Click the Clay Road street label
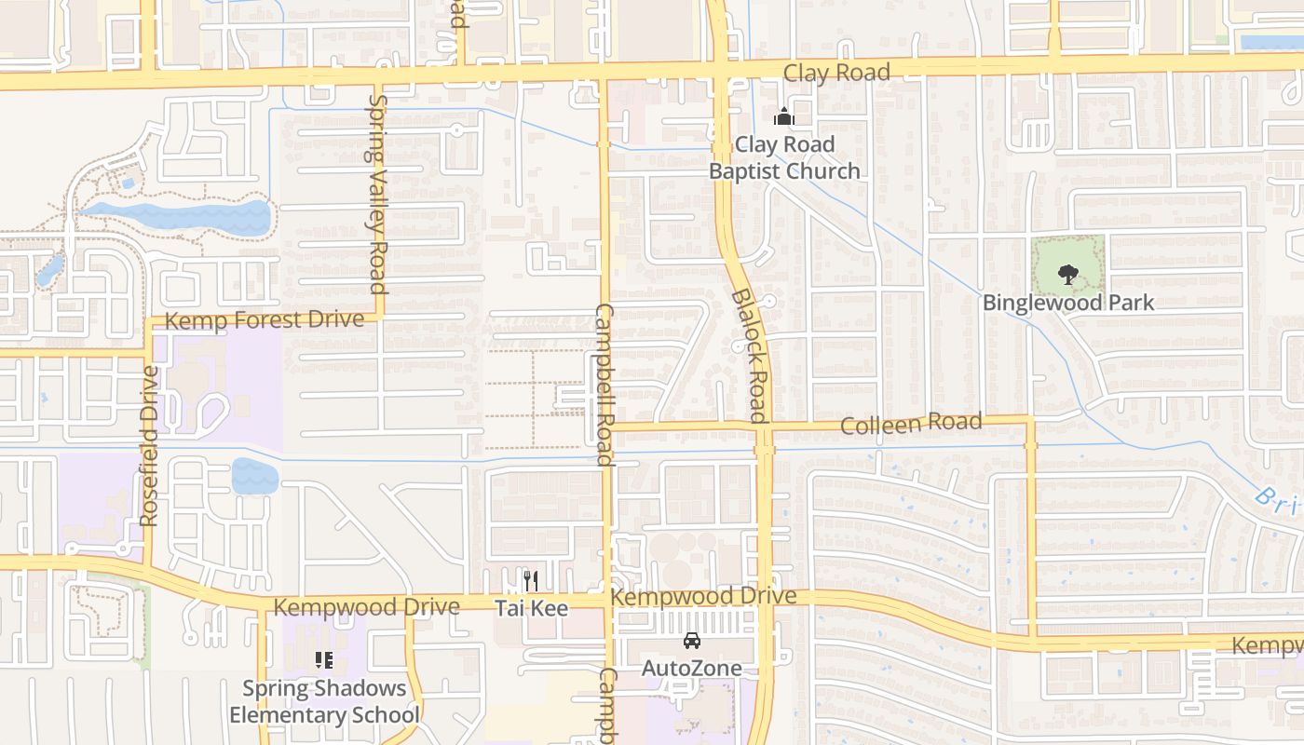(x=836, y=73)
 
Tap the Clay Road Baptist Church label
(x=784, y=158)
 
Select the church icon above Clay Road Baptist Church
(x=783, y=116)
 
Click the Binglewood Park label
(x=1068, y=303)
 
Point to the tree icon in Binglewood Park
(x=1067, y=274)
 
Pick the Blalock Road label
(x=750, y=355)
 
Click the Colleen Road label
(x=911, y=424)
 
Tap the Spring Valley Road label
(x=377, y=194)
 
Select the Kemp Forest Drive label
(x=265, y=320)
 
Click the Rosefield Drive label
(x=149, y=445)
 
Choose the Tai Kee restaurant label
(x=531, y=608)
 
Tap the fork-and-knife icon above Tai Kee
(x=531, y=581)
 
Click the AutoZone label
(x=692, y=668)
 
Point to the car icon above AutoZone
(x=692, y=641)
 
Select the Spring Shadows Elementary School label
(x=324, y=702)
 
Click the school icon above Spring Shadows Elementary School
(x=324, y=661)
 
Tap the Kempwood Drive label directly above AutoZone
(x=703, y=596)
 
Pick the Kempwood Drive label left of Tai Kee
(x=367, y=607)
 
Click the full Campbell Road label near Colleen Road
(x=604, y=385)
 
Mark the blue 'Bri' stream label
(x=1277, y=501)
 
